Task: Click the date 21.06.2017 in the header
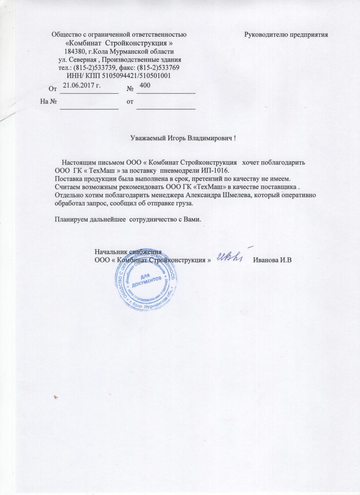coord(82,85)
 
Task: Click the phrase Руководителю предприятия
coord(286,34)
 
